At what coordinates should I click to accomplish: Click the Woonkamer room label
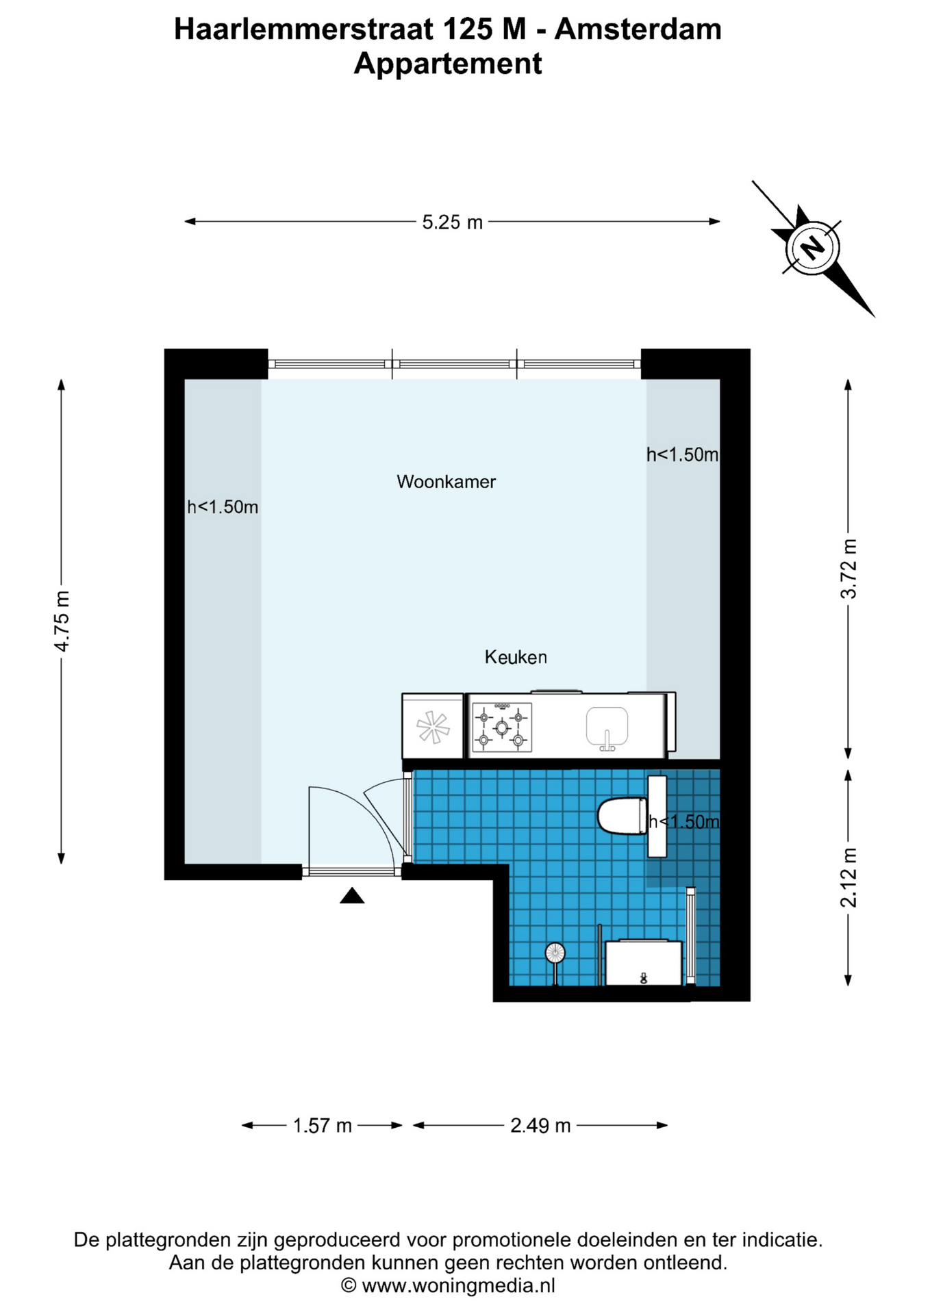click(x=446, y=482)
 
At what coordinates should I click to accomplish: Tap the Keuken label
click(x=516, y=657)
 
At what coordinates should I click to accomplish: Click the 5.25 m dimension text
click(x=452, y=222)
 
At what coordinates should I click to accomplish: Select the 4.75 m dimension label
click(x=62, y=621)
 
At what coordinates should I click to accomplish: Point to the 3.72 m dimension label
click(x=849, y=569)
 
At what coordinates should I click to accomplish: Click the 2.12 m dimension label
click(x=849, y=877)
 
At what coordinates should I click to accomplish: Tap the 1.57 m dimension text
click(x=322, y=1126)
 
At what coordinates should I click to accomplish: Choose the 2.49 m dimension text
click(x=540, y=1126)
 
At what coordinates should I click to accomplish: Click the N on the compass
click(x=813, y=247)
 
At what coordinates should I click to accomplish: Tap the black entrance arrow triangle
click(x=352, y=896)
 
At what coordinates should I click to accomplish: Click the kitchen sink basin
click(x=607, y=727)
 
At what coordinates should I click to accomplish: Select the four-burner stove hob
click(x=502, y=727)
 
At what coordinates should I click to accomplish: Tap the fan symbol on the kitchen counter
click(x=433, y=727)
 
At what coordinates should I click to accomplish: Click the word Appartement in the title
click(x=448, y=64)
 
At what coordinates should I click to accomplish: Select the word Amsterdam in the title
click(x=638, y=29)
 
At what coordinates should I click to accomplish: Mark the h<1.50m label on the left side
click(x=223, y=507)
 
